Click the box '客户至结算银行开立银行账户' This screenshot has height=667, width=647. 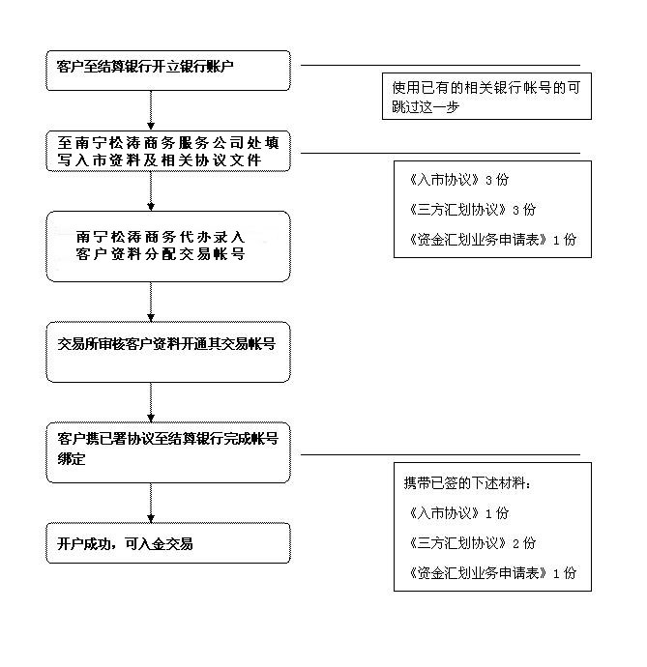168,71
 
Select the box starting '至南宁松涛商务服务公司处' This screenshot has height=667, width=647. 168,151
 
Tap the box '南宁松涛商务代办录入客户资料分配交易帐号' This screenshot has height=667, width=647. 168,246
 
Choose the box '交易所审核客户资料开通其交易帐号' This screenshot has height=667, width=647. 168,352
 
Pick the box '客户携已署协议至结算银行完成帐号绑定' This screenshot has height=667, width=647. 168,452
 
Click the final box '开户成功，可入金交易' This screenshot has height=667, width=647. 168,543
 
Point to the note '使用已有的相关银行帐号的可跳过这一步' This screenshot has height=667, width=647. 486,96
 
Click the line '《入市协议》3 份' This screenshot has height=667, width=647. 458,180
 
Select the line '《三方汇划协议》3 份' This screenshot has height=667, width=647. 473,210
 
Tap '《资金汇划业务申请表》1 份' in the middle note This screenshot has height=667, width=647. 492,240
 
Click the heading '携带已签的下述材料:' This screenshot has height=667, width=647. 467,483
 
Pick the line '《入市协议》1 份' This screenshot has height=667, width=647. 458,513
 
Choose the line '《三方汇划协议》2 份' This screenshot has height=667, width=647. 473,543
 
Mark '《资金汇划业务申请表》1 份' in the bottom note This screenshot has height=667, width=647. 492,573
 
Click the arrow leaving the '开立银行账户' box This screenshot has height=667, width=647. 151,110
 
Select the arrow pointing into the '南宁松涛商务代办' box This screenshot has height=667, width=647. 151,191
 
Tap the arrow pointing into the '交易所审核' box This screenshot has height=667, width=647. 151,302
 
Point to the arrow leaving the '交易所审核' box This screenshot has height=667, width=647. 151,402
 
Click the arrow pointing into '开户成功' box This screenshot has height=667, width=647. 151,503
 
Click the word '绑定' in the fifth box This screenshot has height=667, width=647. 72,459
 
